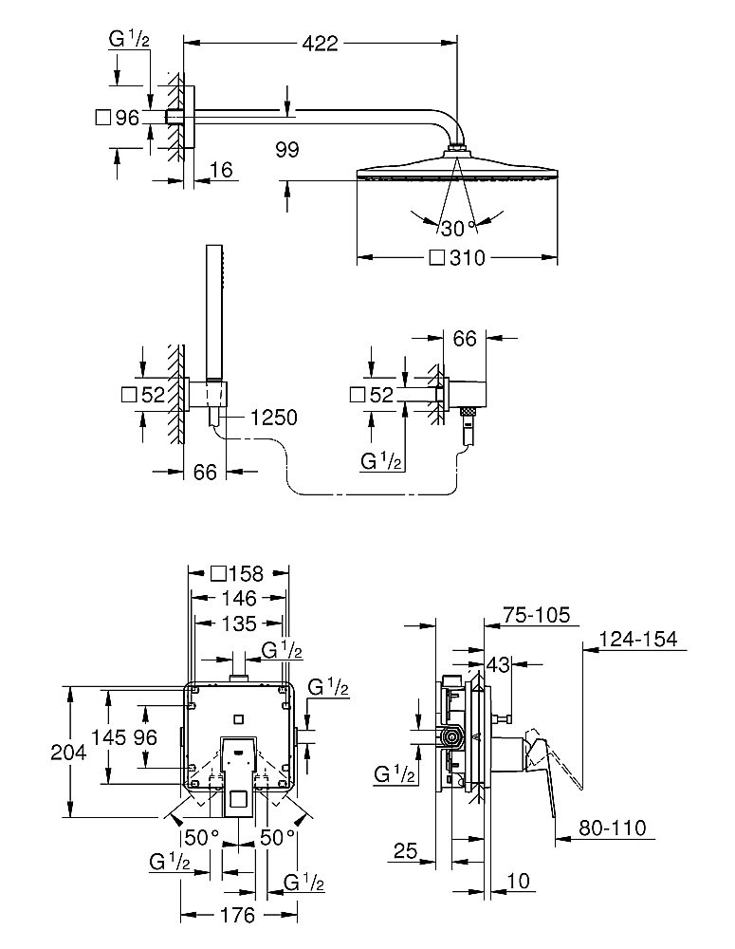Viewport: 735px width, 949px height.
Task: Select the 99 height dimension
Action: click(x=287, y=148)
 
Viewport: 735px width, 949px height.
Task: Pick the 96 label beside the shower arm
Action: click(x=127, y=118)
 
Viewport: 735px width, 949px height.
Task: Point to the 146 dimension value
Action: click(x=238, y=598)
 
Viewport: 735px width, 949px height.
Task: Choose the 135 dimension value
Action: click(x=238, y=623)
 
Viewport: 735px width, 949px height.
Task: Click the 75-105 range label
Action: click(x=537, y=616)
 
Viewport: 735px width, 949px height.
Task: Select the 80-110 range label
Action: click(x=612, y=828)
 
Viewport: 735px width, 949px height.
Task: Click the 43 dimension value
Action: click(x=500, y=663)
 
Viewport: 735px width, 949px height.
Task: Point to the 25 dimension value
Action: click(x=405, y=853)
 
